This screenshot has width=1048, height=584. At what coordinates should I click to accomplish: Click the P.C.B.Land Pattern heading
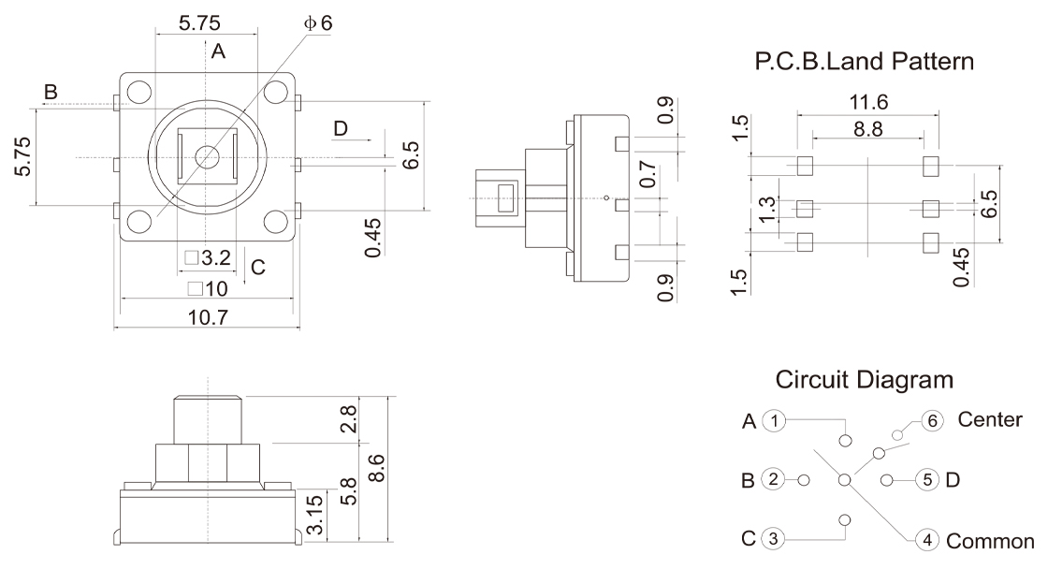point(865,63)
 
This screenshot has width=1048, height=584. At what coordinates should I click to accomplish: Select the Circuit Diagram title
point(865,381)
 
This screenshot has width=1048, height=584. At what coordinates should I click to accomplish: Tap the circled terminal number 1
point(773,421)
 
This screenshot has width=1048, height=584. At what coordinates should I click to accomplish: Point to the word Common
point(991,541)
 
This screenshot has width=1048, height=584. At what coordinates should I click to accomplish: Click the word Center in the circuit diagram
point(990,420)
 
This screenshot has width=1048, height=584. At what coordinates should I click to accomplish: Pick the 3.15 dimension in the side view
point(317,515)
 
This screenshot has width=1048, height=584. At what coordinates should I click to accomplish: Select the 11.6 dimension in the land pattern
point(869,102)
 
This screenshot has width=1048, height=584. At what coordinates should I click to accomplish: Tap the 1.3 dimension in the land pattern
point(767,209)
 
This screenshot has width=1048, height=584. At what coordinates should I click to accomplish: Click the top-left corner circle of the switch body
point(138,92)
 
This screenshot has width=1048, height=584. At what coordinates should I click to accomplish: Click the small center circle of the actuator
point(208,156)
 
